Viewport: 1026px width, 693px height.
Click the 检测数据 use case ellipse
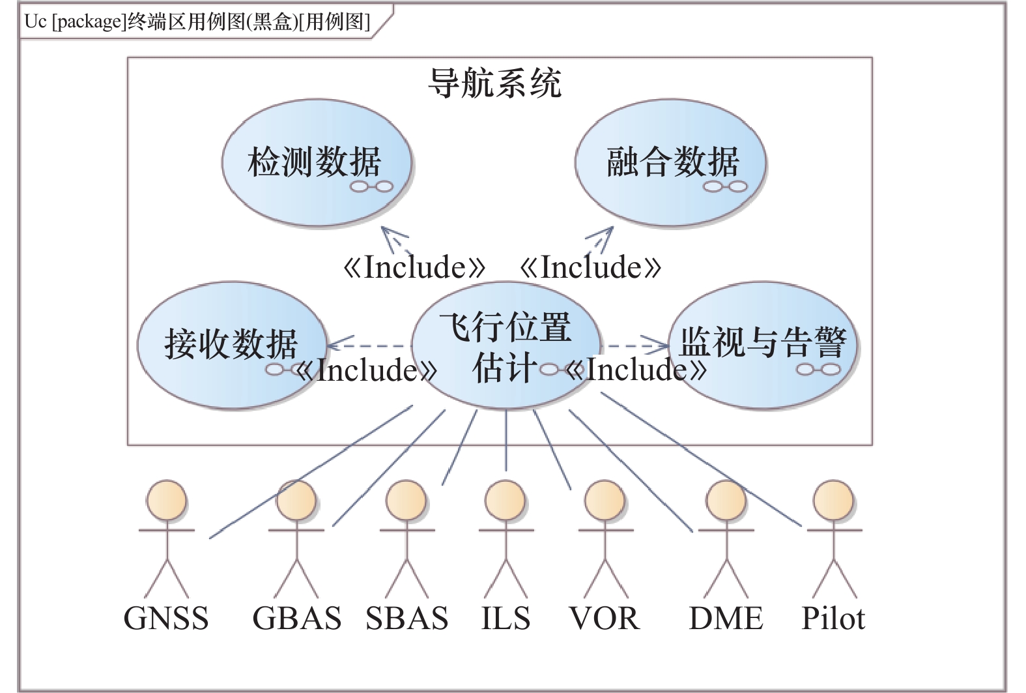tap(317, 163)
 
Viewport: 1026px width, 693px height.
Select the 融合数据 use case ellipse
tap(670, 163)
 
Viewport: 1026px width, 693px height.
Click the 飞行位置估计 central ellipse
tap(506, 346)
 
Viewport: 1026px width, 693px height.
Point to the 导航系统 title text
tap(494, 83)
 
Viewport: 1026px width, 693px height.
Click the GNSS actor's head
tap(166, 501)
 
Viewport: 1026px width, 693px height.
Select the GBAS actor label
tap(296, 618)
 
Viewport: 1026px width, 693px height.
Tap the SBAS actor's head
tap(406, 501)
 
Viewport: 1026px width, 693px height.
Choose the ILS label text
tap(506, 618)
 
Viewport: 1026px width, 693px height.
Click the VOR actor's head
tap(605, 501)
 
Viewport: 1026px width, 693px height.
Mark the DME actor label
tap(726, 618)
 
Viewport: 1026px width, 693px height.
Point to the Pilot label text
tap(833, 618)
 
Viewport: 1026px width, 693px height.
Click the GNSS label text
tap(166, 618)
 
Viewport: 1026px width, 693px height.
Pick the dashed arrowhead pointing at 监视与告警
tap(661, 345)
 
